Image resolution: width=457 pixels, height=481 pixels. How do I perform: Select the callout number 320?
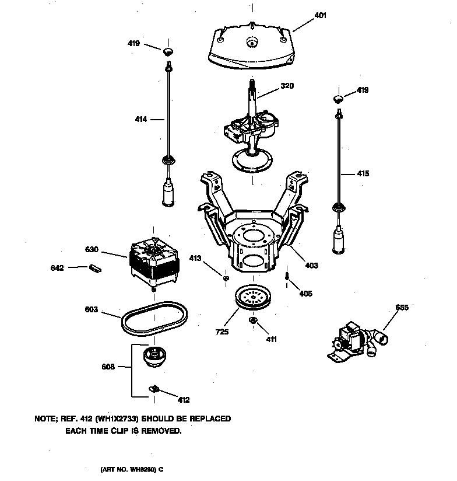pyautogui.click(x=287, y=85)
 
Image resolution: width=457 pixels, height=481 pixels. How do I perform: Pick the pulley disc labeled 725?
pyautogui.click(x=253, y=298)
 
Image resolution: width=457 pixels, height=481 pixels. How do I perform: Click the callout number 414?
pyautogui.click(x=142, y=120)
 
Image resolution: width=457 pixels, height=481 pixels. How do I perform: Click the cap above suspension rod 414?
pyautogui.click(x=168, y=51)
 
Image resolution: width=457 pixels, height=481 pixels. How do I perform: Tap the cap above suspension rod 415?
pyautogui.click(x=338, y=97)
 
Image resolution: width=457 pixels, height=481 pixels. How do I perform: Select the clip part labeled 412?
pyautogui.click(x=154, y=388)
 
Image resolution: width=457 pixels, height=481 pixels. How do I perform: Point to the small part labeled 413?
pyautogui.click(x=225, y=278)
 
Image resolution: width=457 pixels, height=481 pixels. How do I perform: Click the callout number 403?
pyautogui.click(x=311, y=265)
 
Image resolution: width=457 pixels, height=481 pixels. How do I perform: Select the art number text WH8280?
pyautogui.click(x=142, y=469)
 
